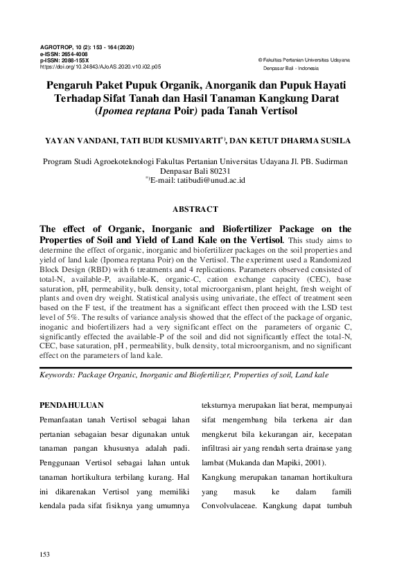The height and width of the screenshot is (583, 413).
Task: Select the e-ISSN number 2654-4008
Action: (73, 54)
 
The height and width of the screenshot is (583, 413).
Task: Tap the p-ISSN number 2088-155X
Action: (73, 61)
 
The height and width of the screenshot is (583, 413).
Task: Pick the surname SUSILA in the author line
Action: (333, 140)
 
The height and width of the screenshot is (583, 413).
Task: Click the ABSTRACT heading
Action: (195, 208)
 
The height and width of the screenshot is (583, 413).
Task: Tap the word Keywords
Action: (57, 375)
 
